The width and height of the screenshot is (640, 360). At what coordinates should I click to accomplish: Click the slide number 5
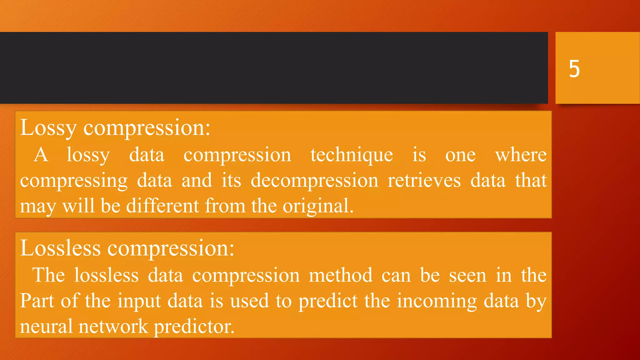coord(574,68)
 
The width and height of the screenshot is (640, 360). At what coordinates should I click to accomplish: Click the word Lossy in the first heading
coord(48,128)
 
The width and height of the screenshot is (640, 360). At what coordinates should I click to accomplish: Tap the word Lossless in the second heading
coord(60,248)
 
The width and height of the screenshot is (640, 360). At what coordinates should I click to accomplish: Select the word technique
coord(352,155)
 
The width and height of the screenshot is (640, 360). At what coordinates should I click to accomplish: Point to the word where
coord(521,155)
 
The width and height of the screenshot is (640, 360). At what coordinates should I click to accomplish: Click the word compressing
coord(74,181)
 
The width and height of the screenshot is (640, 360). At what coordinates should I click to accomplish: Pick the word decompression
coord(314,181)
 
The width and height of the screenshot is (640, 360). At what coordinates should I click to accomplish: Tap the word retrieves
coord(424,181)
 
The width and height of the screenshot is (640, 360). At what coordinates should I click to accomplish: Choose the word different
coord(162,206)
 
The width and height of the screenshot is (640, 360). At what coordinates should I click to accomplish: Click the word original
coord(318,207)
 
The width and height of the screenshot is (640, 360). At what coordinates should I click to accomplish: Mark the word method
coord(341,275)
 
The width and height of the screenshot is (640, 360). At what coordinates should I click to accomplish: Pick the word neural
coord(46,326)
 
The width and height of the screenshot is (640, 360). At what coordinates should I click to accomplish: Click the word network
coord(113,326)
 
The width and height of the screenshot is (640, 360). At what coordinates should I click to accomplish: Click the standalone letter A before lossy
coord(41,155)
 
